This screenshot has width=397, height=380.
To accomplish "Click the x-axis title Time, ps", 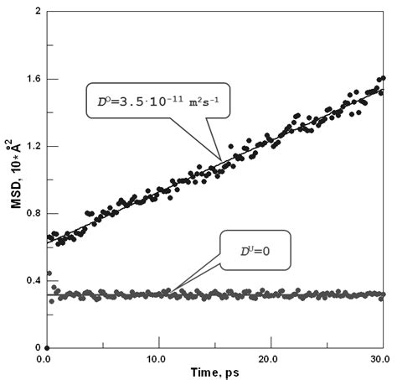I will point(214,372).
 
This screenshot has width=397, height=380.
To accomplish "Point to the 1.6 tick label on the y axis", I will point(29,79).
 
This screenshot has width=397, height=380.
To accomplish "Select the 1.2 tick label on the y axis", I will point(29,146).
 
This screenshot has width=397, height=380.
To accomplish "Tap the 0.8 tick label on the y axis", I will point(29,213).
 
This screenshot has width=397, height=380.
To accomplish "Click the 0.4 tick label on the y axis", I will point(29,280).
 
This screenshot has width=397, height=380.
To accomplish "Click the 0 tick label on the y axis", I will point(35,347).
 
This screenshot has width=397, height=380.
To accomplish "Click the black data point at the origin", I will point(47,347).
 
